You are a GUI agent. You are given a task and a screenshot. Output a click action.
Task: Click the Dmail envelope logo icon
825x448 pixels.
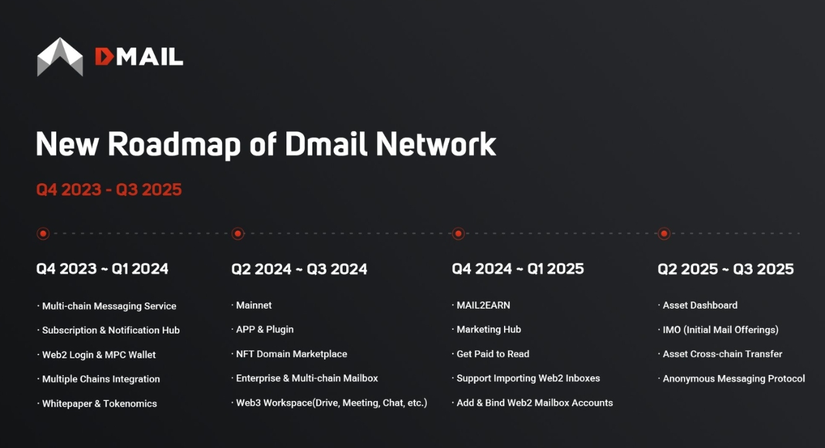click(x=60, y=57)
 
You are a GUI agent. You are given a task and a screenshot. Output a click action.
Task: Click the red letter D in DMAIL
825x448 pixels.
click(x=105, y=58)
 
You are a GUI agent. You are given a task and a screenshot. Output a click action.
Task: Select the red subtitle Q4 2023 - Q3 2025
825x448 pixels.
click(x=109, y=189)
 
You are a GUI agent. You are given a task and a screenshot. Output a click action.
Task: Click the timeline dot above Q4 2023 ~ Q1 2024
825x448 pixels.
click(x=43, y=234)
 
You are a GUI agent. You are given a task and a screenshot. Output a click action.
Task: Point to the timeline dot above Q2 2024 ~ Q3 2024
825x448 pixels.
click(x=237, y=234)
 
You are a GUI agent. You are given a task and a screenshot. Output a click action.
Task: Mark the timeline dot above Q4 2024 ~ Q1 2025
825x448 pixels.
click(x=458, y=234)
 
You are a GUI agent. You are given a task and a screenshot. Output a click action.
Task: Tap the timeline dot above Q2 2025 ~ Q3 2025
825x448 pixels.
click(x=664, y=234)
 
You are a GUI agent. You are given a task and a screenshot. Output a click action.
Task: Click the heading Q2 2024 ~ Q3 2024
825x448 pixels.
click(x=299, y=269)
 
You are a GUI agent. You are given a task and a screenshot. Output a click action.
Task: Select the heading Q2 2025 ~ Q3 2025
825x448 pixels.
click(x=725, y=269)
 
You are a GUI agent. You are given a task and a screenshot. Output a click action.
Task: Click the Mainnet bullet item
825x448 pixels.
click(x=254, y=305)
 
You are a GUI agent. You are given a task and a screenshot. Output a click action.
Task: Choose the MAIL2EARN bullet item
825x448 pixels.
click(x=483, y=305)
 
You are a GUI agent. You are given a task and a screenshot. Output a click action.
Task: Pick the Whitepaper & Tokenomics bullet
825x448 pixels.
click(x=99, y=403)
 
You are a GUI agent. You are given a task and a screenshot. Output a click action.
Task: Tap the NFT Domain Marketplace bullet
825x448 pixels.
click(x=291, y=354)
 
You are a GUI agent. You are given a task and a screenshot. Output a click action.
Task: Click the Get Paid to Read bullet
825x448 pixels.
click(x=493, y=354)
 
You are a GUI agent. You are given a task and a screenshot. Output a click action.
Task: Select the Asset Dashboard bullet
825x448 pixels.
click(x=700, y=305)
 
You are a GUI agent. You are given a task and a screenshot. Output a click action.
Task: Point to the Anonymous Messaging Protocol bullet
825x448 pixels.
click(x=733, y=379)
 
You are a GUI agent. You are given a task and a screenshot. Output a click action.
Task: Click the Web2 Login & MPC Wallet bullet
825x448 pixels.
click(x=98, y=355)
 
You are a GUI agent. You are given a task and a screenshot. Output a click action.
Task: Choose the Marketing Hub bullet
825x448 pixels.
click(x=489, y=329)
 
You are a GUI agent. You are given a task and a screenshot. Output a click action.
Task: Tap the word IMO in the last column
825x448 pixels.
click(x=672, y=330)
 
